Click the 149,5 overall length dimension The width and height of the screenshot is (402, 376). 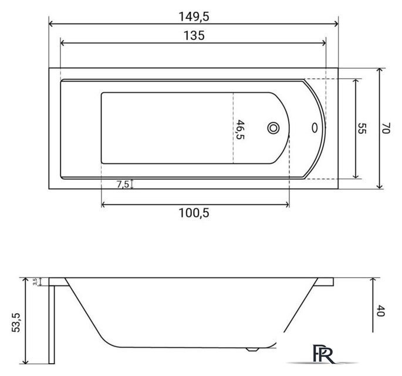194,16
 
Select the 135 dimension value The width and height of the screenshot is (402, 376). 194,35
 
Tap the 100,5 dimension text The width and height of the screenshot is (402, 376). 194,213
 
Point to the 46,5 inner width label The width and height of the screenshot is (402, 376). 239,130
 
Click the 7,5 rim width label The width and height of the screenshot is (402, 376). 123,184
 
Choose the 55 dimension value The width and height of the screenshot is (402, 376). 362,128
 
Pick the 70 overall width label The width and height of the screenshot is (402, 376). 386,128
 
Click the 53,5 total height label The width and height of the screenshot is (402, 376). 16,323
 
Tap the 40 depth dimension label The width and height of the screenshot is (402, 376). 381,311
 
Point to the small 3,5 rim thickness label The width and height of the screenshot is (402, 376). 35,281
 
